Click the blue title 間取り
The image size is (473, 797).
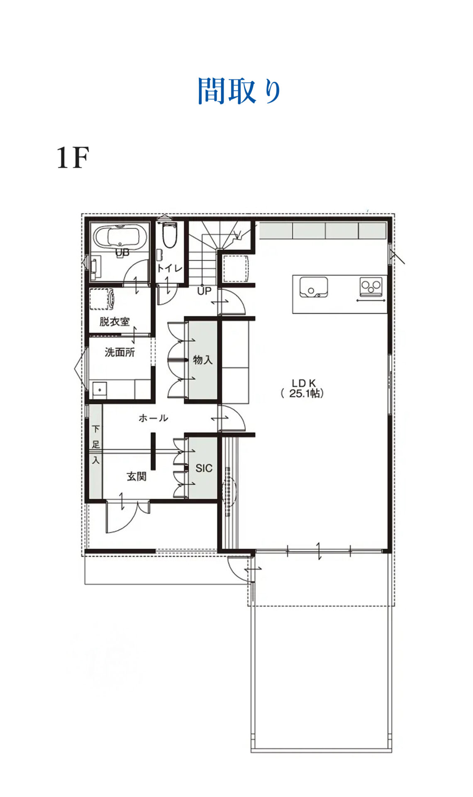239,90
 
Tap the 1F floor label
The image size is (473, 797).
73,158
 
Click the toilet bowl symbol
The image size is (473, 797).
169,235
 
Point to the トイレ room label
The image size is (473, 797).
169,269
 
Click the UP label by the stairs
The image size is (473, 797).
204,291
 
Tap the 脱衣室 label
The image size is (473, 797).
114,321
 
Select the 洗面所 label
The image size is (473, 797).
119,352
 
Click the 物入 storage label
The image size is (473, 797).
203,360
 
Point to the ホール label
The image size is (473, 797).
153,418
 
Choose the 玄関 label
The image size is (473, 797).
137,476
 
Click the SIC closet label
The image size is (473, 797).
204,468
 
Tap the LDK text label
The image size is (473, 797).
304,383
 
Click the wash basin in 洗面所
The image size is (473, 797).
100,389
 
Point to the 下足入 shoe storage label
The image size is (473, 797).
96,445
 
